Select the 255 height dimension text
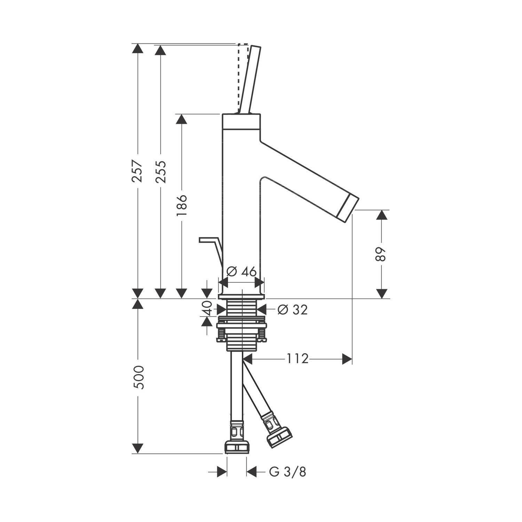160,172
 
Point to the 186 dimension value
181,205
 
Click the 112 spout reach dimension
298,358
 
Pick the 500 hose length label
139,377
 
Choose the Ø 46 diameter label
241,271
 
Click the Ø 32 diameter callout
293,309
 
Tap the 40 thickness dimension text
207,308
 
